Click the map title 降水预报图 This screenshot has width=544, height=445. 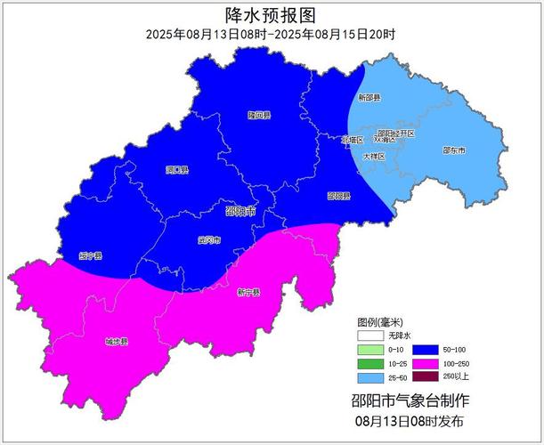[x=271, y=14]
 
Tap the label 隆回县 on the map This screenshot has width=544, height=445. [x=259, y=115]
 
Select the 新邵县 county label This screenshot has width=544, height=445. [x=369, y=97]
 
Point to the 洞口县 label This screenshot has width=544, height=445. [x=176, y=169]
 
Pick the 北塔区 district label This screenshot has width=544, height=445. [x=353, y=140]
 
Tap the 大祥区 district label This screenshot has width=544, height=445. [x=374, y=156]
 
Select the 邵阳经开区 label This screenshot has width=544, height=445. [x=396, y=133]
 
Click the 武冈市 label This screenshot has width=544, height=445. [x=208, y=240]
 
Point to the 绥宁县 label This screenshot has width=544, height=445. [x=90, y=255]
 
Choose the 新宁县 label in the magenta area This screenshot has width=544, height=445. [x=248, y=292]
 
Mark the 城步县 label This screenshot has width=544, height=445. [x=117, y=342]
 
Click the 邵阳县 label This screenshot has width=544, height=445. [x=338, y=195]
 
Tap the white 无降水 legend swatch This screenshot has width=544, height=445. [x=369, y=336]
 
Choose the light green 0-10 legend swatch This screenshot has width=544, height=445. [x=369, y=350]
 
